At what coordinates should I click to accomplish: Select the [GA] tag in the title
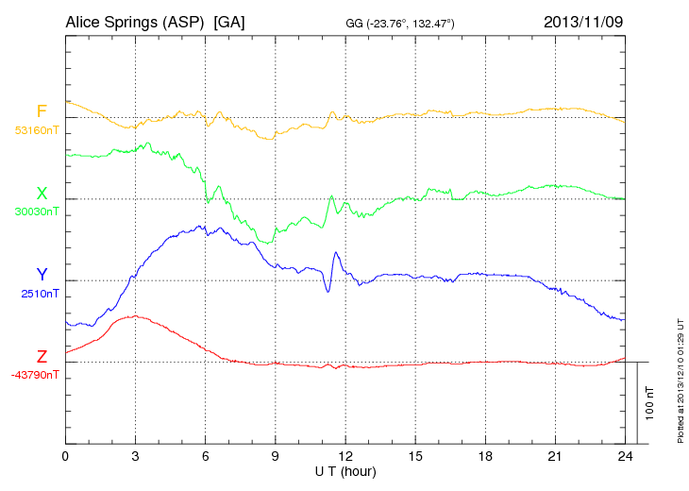click(229, 22)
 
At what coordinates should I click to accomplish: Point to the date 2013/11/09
click(583, 22)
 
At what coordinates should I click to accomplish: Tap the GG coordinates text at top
click(401, 23)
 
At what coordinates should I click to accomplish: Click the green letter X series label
click(42, 194)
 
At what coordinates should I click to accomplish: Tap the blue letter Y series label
click(42, 275)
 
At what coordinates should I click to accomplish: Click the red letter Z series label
click(42, 356)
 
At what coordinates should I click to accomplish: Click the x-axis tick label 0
click(65, 457)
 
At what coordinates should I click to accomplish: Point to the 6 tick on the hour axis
click(206, 457)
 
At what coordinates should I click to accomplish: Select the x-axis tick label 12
click(345, 457)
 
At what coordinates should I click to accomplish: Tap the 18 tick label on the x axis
click(485, 457)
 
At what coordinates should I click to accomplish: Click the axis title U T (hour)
click(345, 471)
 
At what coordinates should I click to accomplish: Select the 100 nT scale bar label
click(650, 402)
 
